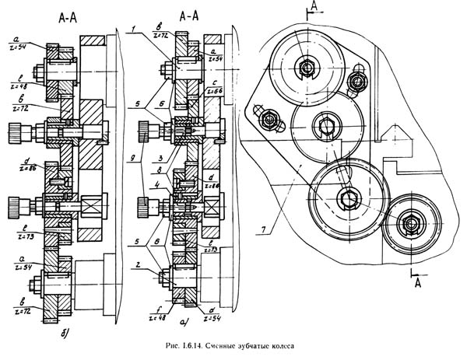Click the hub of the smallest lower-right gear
[x=409, y=224]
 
